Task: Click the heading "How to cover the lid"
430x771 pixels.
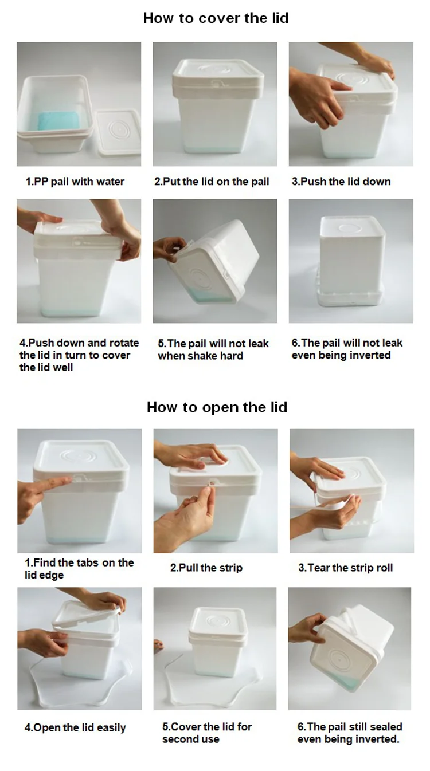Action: click(216, 18)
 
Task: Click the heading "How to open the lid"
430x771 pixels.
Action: click(217, 407)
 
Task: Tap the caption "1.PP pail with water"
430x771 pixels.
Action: click(75, 182)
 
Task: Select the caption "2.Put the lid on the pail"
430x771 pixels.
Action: click(212, 182)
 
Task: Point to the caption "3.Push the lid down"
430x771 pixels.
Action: click(341, 182)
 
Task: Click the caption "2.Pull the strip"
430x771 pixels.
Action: click(206, 568)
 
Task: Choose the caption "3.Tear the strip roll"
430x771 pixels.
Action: click(346, 568)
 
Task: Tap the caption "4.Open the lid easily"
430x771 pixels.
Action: click(75, 727)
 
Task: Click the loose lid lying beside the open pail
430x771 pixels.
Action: click(118, 132)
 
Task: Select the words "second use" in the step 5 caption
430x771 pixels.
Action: click(191, 739)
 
